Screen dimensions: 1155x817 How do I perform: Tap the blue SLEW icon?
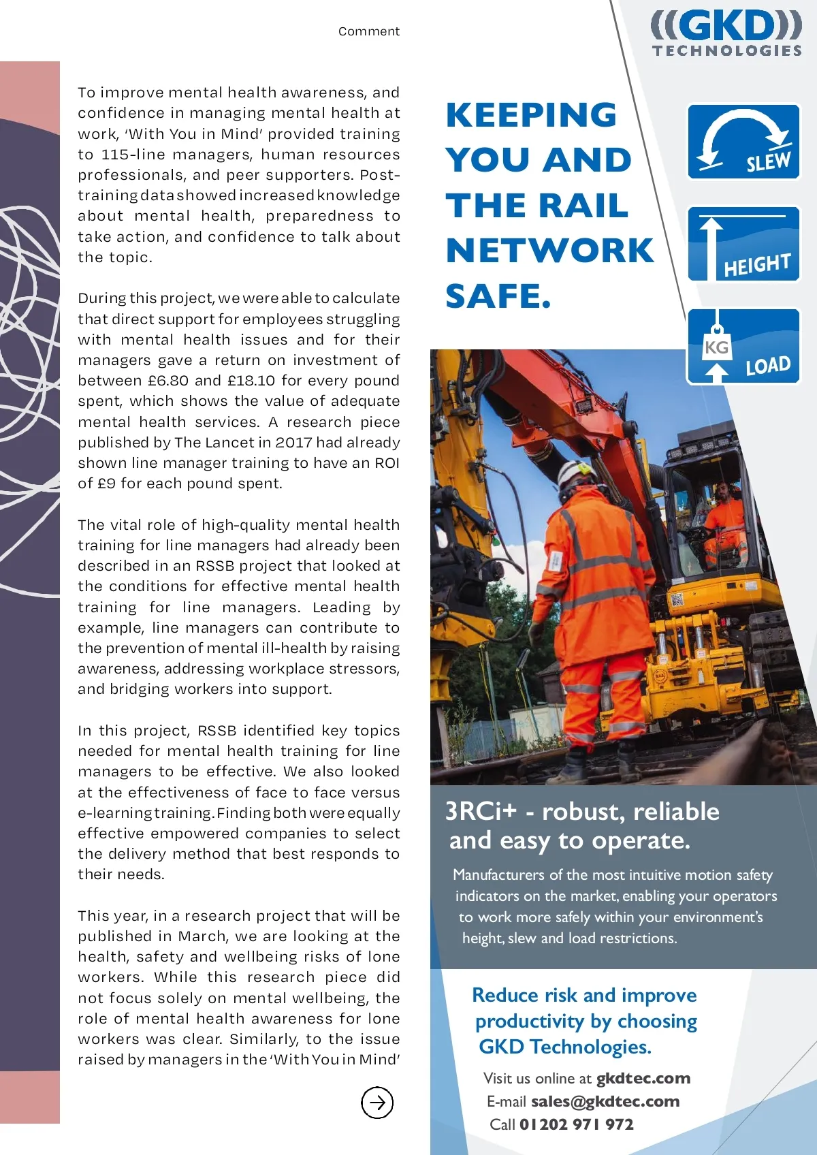[743, 142]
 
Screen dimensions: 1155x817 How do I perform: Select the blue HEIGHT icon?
[743, 244]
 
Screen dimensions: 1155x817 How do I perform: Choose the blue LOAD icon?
[743, 346]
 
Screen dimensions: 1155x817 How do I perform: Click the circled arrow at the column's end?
[377, 1102]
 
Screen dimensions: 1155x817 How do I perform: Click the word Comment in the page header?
[369, 31]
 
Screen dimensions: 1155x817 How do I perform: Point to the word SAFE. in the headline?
[498, 296]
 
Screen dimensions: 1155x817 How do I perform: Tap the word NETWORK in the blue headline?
[549, 251]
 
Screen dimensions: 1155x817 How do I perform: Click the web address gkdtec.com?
[643, 1078]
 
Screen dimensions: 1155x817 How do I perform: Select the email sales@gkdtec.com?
[605, 1101]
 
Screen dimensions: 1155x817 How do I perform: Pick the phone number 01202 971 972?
[576, 1124]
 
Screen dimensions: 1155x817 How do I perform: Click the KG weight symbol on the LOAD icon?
[716, 347]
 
